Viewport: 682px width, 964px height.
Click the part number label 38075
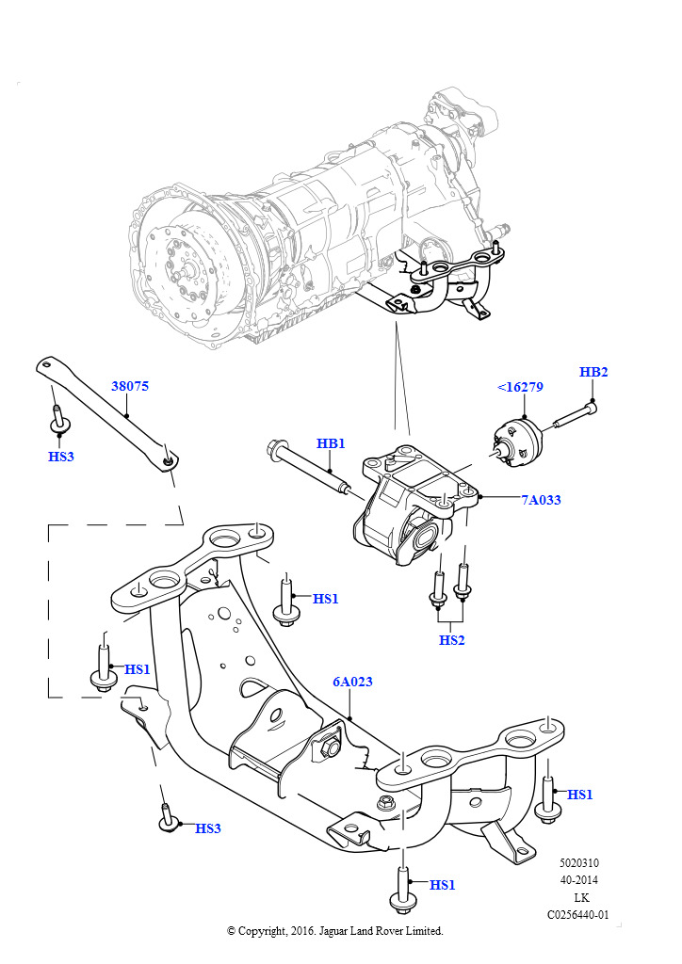130,386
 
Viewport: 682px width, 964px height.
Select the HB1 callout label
331,443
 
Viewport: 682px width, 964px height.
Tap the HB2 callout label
593,372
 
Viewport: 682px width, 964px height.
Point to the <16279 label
520,387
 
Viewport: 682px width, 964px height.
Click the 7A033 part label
541,500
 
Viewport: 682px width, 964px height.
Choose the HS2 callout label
452,640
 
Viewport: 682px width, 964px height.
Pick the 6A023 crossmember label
351,682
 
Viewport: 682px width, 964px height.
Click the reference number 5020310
579,862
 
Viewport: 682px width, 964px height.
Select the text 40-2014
579,879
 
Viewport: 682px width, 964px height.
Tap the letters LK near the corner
579,897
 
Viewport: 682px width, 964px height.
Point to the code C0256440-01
578,914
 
